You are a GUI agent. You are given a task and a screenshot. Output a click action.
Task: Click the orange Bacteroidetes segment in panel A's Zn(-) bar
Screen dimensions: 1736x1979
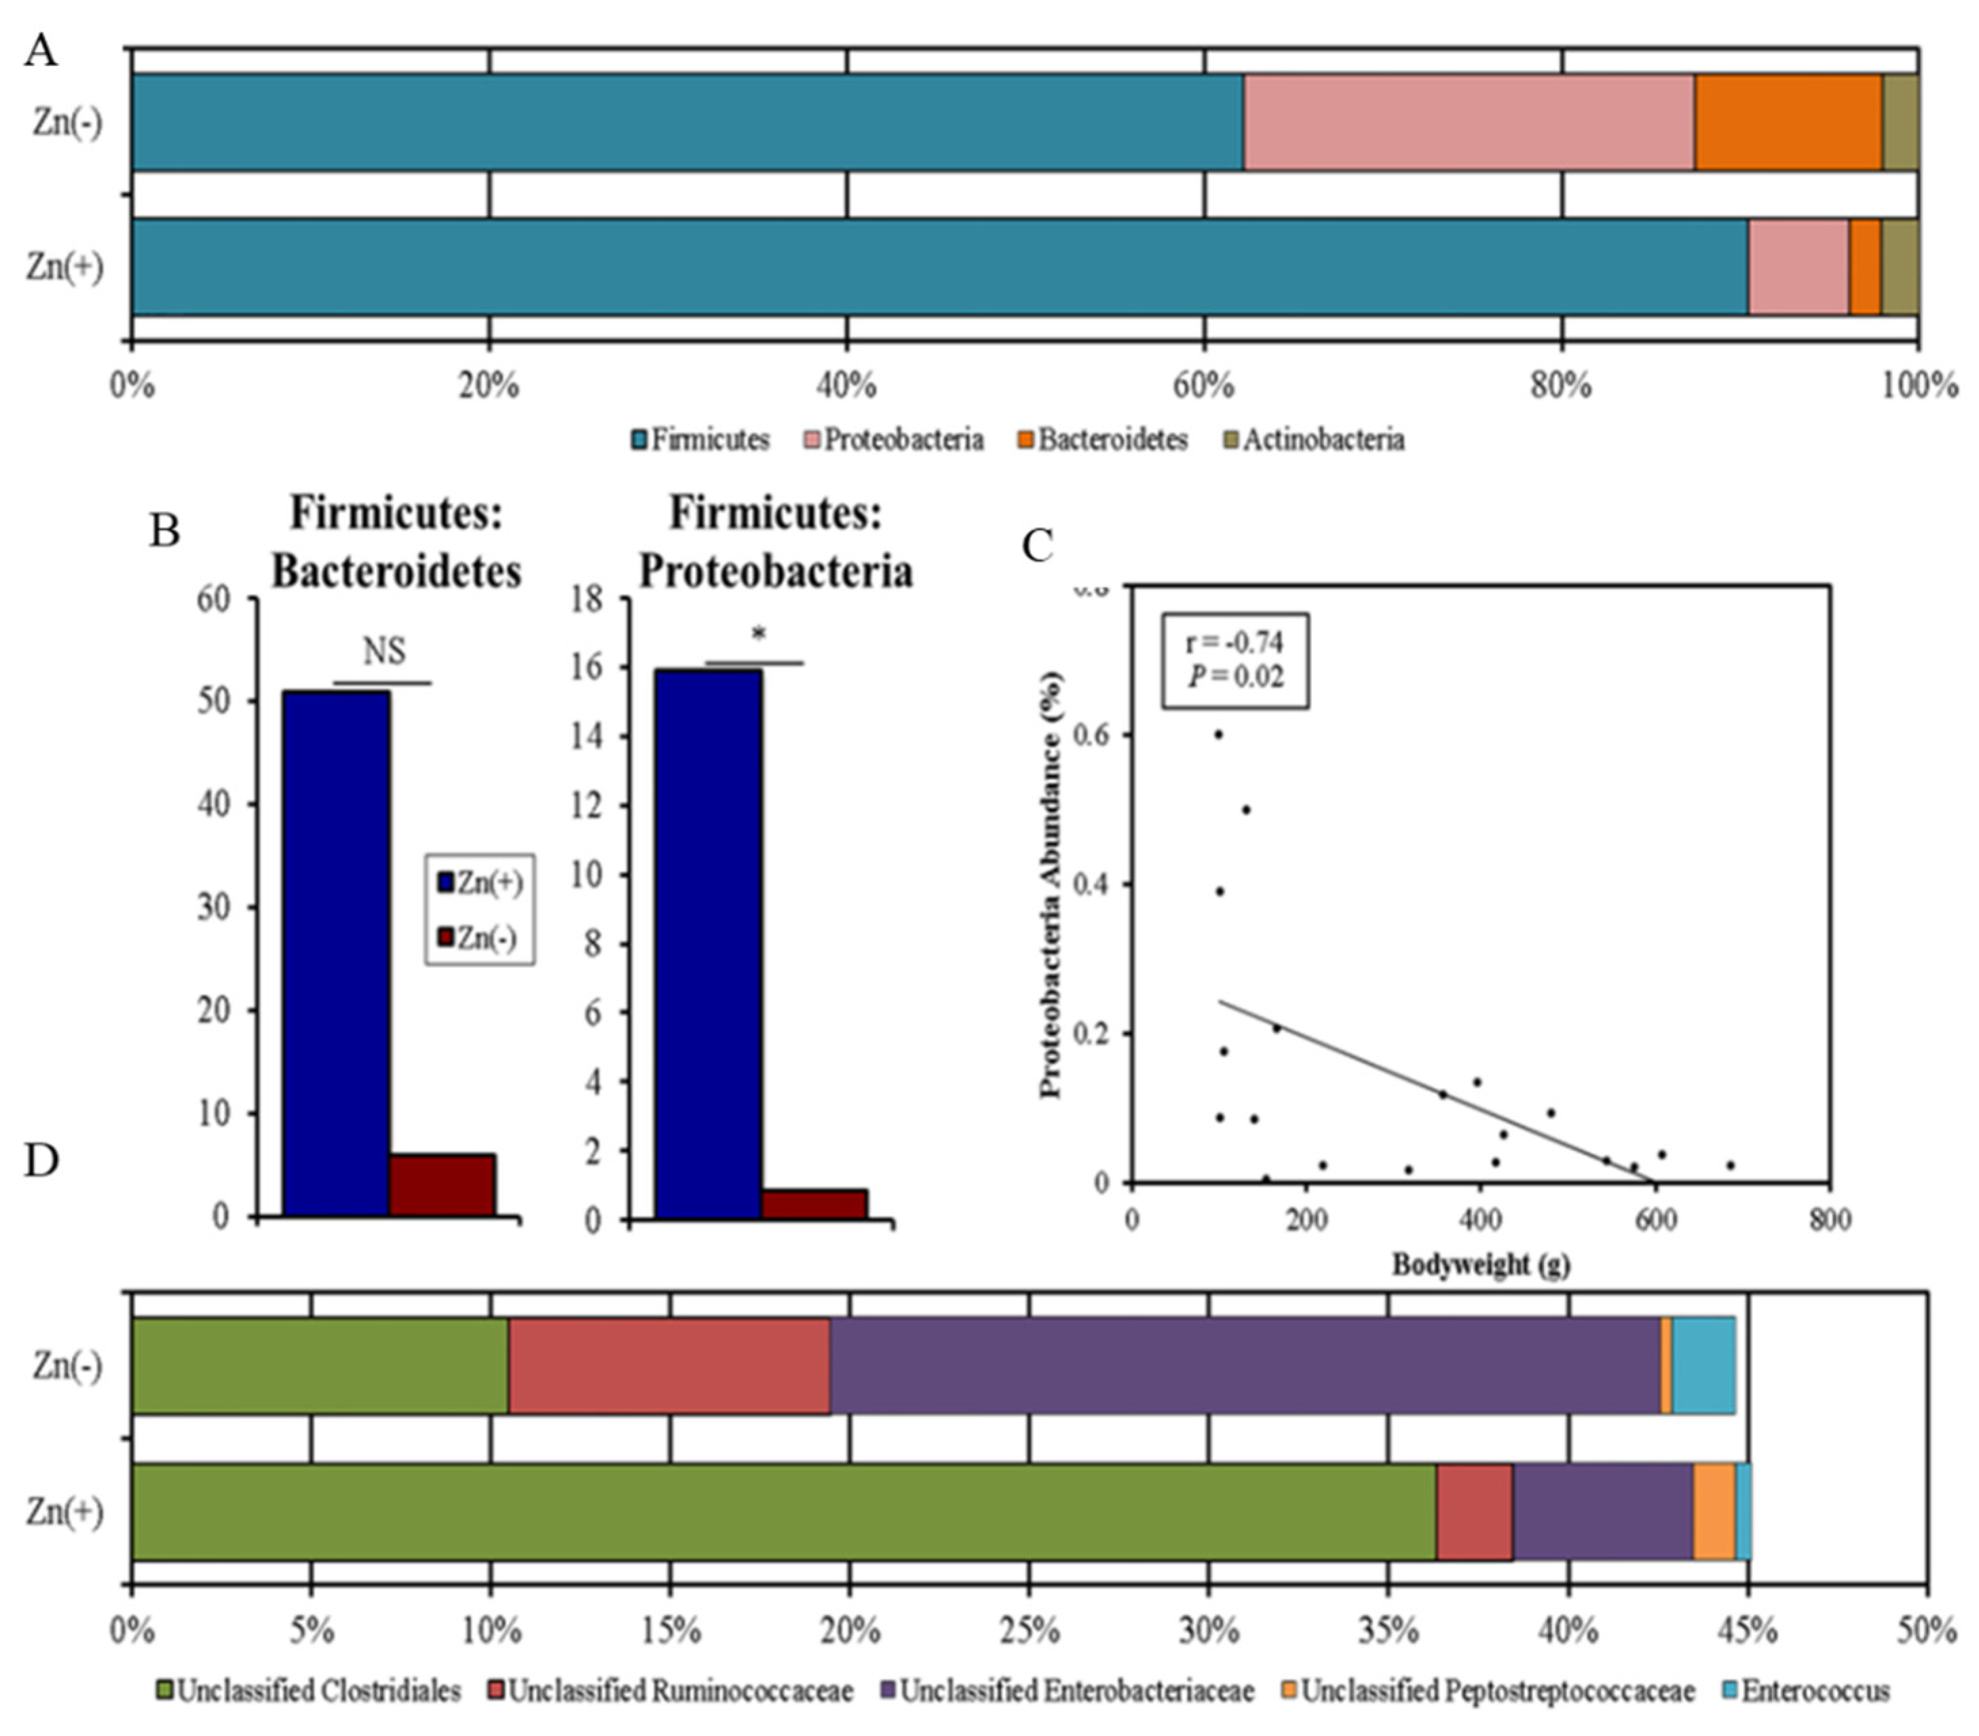tap(1788, 122)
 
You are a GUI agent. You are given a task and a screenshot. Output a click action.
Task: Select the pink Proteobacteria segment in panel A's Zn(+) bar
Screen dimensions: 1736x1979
tap(1798, 267)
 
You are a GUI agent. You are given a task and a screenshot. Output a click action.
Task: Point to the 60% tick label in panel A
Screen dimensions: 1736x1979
tap(1203, 386)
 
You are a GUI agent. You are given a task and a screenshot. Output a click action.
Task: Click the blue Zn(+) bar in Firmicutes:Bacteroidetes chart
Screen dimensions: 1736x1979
tap(336, 954)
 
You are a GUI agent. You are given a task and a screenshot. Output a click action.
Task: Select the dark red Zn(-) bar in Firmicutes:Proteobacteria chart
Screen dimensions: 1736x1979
tap(813, 1203)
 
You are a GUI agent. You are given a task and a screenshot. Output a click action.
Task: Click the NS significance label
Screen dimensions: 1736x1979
tap(384, 652)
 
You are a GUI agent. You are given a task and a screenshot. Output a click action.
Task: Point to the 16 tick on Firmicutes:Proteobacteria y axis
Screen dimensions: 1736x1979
tap(588, 667)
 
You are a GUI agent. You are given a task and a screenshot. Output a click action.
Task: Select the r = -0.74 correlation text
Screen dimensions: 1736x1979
tap(1234, 642)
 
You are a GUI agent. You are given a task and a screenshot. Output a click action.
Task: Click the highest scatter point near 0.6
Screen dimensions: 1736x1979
tap(1218, 734)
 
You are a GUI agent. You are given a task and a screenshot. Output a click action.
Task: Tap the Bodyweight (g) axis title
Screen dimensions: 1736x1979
tap(1480, 1264)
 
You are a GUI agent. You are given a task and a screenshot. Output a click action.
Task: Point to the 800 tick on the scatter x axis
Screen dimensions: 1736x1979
tap(1829, 1219)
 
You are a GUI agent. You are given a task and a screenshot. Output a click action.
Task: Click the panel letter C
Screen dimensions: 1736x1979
tap(1037, 546)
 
